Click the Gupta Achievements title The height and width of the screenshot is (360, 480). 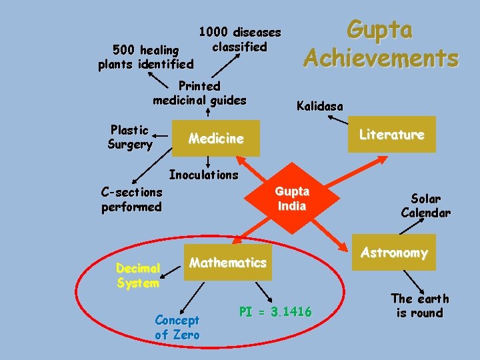(x=381, y=44)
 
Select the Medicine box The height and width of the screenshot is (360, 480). (x=216, y=139)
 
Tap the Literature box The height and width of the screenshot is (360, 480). (x=391, y=135)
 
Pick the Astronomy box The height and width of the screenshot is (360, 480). (x=394, y=253)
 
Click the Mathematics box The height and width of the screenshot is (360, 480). (x=228, y=263)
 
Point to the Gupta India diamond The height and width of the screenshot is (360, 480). (x=292, y=199)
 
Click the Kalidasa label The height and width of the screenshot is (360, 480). (x=320, y=106)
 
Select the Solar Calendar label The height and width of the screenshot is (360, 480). (x=425, y=206)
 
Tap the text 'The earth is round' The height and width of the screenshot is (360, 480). (x=419, y=305)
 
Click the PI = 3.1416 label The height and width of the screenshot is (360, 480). (x=275, y=312)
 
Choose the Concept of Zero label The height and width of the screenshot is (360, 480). (x=177, y=327)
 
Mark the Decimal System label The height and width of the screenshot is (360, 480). (x=137, y=275)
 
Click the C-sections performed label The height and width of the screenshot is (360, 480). (x=131, y=199)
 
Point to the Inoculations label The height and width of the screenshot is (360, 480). (x=203, y=175)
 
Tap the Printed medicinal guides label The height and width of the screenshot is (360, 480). (x=199, y=93)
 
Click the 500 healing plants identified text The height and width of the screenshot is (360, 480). (x=145, y=57)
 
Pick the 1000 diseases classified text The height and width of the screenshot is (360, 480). (x=240, y=39)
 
